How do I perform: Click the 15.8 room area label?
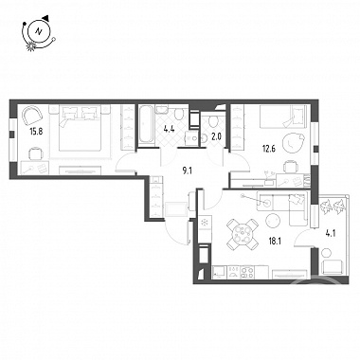pos(36,131)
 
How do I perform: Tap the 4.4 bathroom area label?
pos(169,129)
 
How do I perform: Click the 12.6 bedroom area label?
pos(269,148)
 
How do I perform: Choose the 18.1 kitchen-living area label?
pos(275,242)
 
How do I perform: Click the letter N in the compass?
pos(39,31)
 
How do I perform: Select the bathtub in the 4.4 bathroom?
pos(147,125)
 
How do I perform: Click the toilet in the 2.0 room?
pos(212,120)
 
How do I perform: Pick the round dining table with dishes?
pos(243,234)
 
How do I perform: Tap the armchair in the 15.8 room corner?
pos(31,116)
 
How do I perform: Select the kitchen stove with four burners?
pos(247,273)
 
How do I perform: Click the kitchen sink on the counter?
pos(219,272)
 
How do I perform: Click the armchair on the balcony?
pos(332,267)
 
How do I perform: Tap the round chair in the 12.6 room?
pos(293,144)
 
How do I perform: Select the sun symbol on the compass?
pos(31,46)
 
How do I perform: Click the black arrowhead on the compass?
pos(46,17)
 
